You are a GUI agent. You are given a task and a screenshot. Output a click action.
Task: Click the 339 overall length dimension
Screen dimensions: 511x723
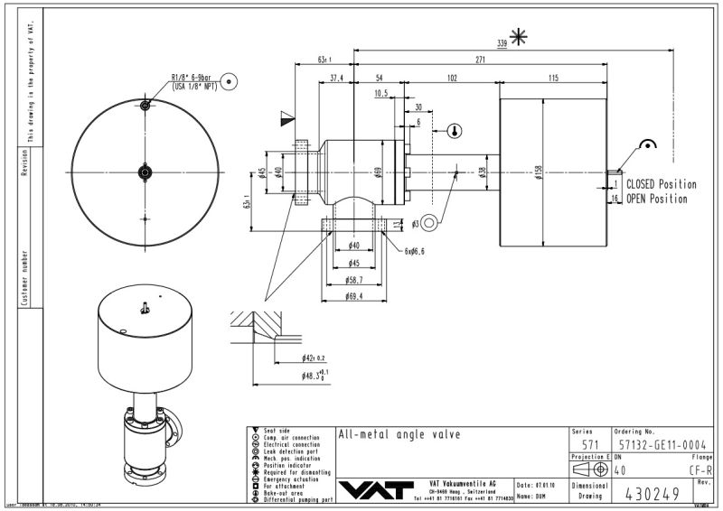(x=502, y=42)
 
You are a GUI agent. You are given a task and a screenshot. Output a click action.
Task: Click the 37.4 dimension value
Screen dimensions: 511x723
(x=336, y=79)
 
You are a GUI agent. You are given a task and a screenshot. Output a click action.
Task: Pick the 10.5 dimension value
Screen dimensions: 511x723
(x=380, y=93)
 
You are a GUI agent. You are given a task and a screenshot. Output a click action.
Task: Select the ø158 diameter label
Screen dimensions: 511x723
(x=538, y=171)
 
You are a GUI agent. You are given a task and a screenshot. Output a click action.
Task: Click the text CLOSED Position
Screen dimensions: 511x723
(x=662, y=185)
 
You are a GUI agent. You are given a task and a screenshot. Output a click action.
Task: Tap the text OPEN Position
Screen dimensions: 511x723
(x=656, y=199)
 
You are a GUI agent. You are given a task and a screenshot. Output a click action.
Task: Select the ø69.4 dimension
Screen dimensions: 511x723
(x=353, y=296)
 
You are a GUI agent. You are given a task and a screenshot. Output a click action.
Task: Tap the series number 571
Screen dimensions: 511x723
(x=589, y=444)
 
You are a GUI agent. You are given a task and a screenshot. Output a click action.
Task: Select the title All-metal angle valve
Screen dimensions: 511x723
(x=399, y=435)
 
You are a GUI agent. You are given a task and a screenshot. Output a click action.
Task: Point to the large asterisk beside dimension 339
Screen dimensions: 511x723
(x=518, y=36)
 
